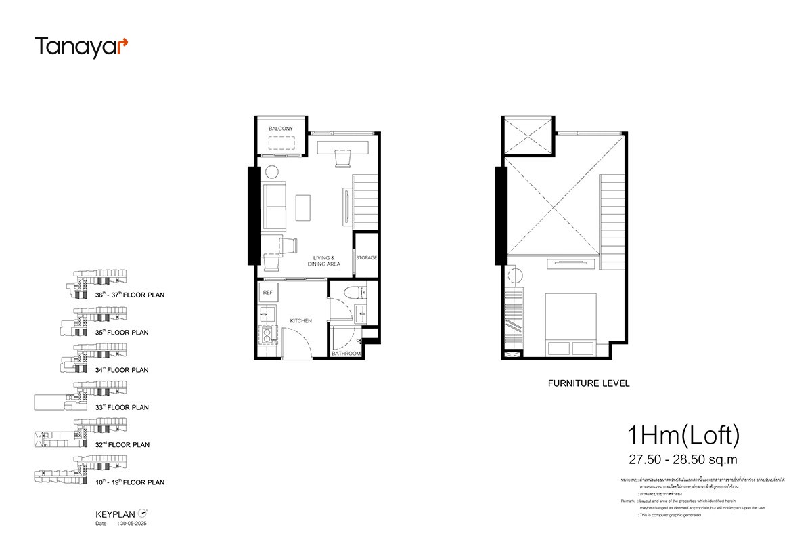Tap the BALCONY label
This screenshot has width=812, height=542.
click(x=280, y=129)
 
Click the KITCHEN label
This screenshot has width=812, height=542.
click(x=300, y=320)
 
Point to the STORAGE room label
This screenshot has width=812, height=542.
click(x=366, y=258)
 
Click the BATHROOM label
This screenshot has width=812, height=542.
click(x=346, y=354)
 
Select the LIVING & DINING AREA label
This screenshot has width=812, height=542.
click(x=324, y=260)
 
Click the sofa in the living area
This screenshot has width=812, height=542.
click(x=274, y=206)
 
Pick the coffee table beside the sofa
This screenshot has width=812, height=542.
click(x=304, y=207)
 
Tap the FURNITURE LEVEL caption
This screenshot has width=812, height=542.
click(x=589, y=383)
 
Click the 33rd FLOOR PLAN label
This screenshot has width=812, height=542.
click(x=122, y=408)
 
